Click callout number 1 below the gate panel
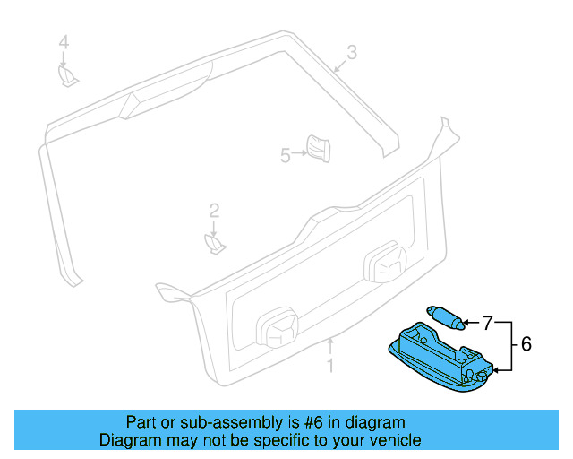(x=329, y=365)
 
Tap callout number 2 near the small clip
(x=214, y=211)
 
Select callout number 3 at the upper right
(x=352, y=53)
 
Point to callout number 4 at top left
(x=64, y=42)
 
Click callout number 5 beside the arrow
(x=286, y=155)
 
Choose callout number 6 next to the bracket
(x=526, y=343)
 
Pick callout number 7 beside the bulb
(x=488, y=321)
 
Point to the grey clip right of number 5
(x=317, y=148)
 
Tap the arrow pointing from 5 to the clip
(x=299, y=154)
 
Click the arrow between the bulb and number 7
(x=471, y=321)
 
